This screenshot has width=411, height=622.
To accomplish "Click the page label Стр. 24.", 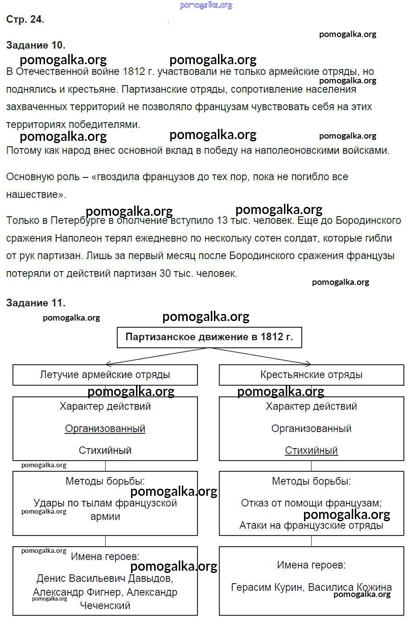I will [25, 19].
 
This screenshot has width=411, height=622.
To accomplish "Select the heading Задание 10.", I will [36, 45].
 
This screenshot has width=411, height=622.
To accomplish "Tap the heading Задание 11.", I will [36, 303].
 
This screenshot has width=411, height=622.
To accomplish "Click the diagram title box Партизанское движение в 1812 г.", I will [209, 337].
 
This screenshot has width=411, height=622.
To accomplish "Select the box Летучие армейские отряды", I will [105, 375].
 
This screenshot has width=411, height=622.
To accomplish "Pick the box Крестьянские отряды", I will [311, 375].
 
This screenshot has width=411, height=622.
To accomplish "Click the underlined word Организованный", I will [105, 428].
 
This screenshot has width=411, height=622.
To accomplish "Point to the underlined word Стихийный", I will [311, 450].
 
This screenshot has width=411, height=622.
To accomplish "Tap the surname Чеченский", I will [105, 606].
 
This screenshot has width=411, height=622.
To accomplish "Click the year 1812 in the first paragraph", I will [133, 72].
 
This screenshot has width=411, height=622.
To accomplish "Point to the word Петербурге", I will [78, 221].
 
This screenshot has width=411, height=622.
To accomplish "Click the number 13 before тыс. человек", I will [222, 221].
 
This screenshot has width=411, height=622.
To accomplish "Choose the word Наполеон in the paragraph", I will [75, 239].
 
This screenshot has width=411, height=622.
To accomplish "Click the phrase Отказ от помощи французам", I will [311, 503].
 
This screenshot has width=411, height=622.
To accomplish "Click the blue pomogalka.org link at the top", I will [206, 5].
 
